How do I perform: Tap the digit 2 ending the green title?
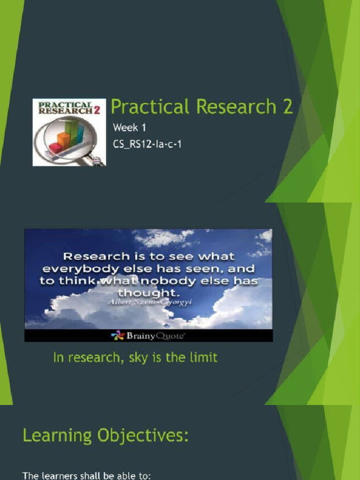point(287,107)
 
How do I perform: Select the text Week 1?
point(126,127)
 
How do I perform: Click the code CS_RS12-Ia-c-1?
point(147,144)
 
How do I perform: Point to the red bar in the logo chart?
point(56,148)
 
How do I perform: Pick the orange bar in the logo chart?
point(63,139)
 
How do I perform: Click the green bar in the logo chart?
point(72,131)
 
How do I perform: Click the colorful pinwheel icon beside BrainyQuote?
point(117,336)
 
